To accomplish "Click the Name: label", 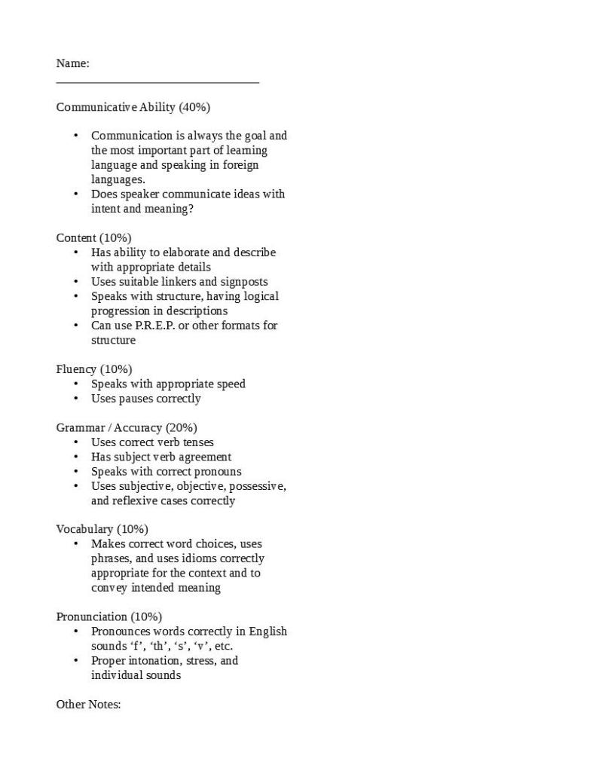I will pos(72,63).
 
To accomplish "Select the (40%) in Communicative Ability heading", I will pos(194,107).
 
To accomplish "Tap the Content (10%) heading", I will pos(93,238).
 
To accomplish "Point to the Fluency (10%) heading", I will pos(93,369).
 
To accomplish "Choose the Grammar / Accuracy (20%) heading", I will pos(127,427).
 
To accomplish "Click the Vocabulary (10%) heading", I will pos(102,529).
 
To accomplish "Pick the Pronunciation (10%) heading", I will pos(109,616).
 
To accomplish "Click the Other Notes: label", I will pos(88,705).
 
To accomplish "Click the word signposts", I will pos(242,282).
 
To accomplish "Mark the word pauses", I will pos(136,399).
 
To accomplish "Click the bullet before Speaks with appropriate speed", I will pos(76,384).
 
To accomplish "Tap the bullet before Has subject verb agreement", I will pos(76,457).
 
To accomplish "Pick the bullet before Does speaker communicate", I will pos(76,194).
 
